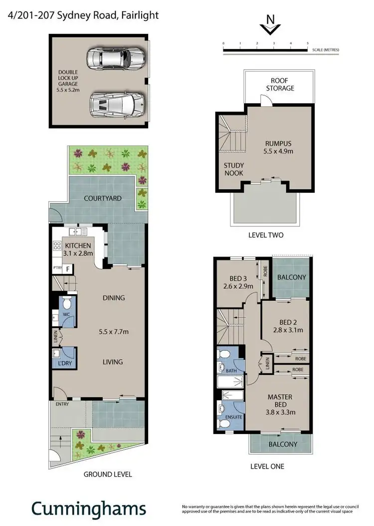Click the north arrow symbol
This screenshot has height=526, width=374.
[x=270, y=25]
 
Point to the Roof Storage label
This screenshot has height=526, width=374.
[x=282, y=84]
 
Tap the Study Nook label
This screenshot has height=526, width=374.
[x=233, y=169]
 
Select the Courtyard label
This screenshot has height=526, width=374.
[x=103, y=198]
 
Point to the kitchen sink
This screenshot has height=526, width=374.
[x=78, y=232]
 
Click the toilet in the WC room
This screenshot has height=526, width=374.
[x=67, y=303]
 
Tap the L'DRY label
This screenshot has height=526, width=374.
[x=65, y=364]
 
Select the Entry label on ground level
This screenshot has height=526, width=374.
[x=62, y=404]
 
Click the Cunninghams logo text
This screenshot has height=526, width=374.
[x=89, y=509]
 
